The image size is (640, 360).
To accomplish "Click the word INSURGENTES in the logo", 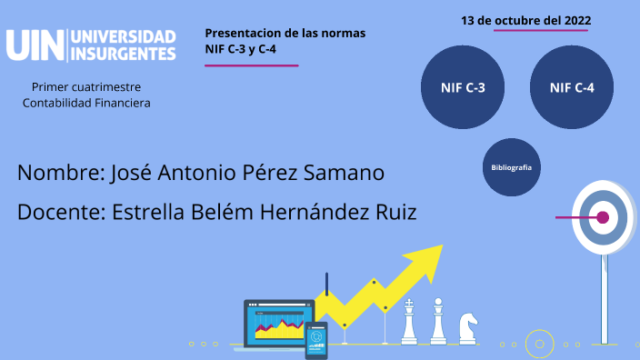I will (x=123, y=55).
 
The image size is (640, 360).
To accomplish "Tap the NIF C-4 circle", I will (x=572, y=88).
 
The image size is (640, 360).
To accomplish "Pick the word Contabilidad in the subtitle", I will (x=58, y=103).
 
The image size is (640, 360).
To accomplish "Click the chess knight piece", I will (x=467, y=327).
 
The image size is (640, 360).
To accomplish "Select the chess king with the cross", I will (x=410, y=323).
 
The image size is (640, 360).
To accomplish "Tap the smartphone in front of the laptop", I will (x=315, y=340).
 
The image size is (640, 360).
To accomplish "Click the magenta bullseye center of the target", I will (x=602, y=217).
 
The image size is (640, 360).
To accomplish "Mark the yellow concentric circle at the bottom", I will (x=540, y=345).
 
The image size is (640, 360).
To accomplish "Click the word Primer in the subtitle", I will (x=50, y=87).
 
